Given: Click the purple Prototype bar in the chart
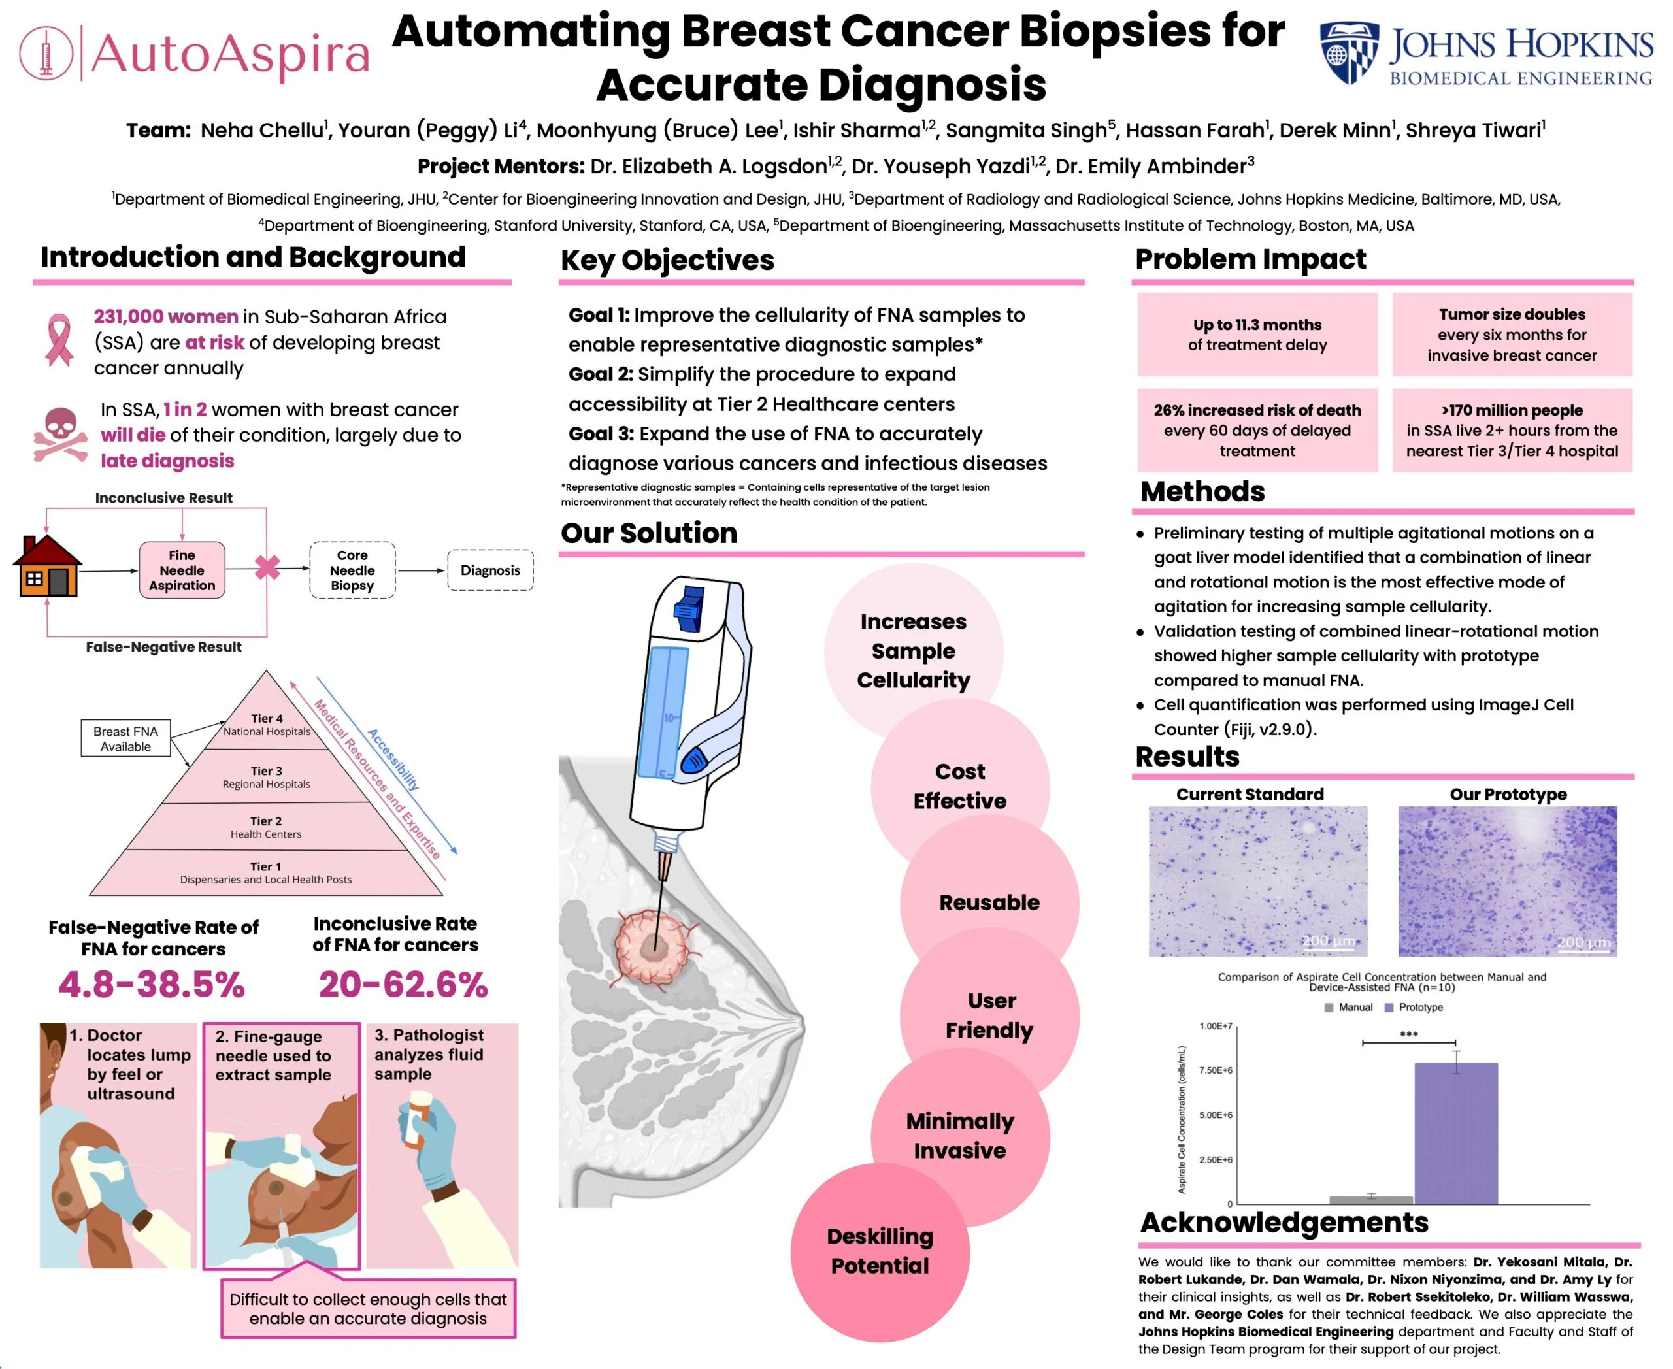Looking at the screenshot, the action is tap(1455, 1133).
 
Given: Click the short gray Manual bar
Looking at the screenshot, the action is tap(1371, 1200).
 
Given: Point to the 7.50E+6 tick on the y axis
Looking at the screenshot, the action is tap(1216, 1070).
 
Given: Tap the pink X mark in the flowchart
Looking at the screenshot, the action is tap(267, 567).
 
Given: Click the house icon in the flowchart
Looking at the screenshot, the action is tap(47, 565).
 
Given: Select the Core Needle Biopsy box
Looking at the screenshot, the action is tap(353, 570).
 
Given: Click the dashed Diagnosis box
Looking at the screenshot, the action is tap(491, 570).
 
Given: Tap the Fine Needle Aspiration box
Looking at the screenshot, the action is tap(182, 570).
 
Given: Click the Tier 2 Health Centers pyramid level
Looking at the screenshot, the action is tap(266, 827).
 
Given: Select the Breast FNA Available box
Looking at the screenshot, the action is tap(125, 739).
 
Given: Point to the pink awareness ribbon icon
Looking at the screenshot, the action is tap(58, 340).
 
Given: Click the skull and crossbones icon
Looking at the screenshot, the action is tap(60, 435).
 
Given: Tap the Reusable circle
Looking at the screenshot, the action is tap(989, 902).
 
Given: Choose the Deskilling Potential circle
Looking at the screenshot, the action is tap(880, 1251).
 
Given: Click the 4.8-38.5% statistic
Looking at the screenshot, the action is tap(152, 984).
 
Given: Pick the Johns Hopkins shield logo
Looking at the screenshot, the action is tap(1350, 53).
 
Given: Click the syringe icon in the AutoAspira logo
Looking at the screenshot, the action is tap(46, 53).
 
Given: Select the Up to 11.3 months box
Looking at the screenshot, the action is tap(1257, 335).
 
